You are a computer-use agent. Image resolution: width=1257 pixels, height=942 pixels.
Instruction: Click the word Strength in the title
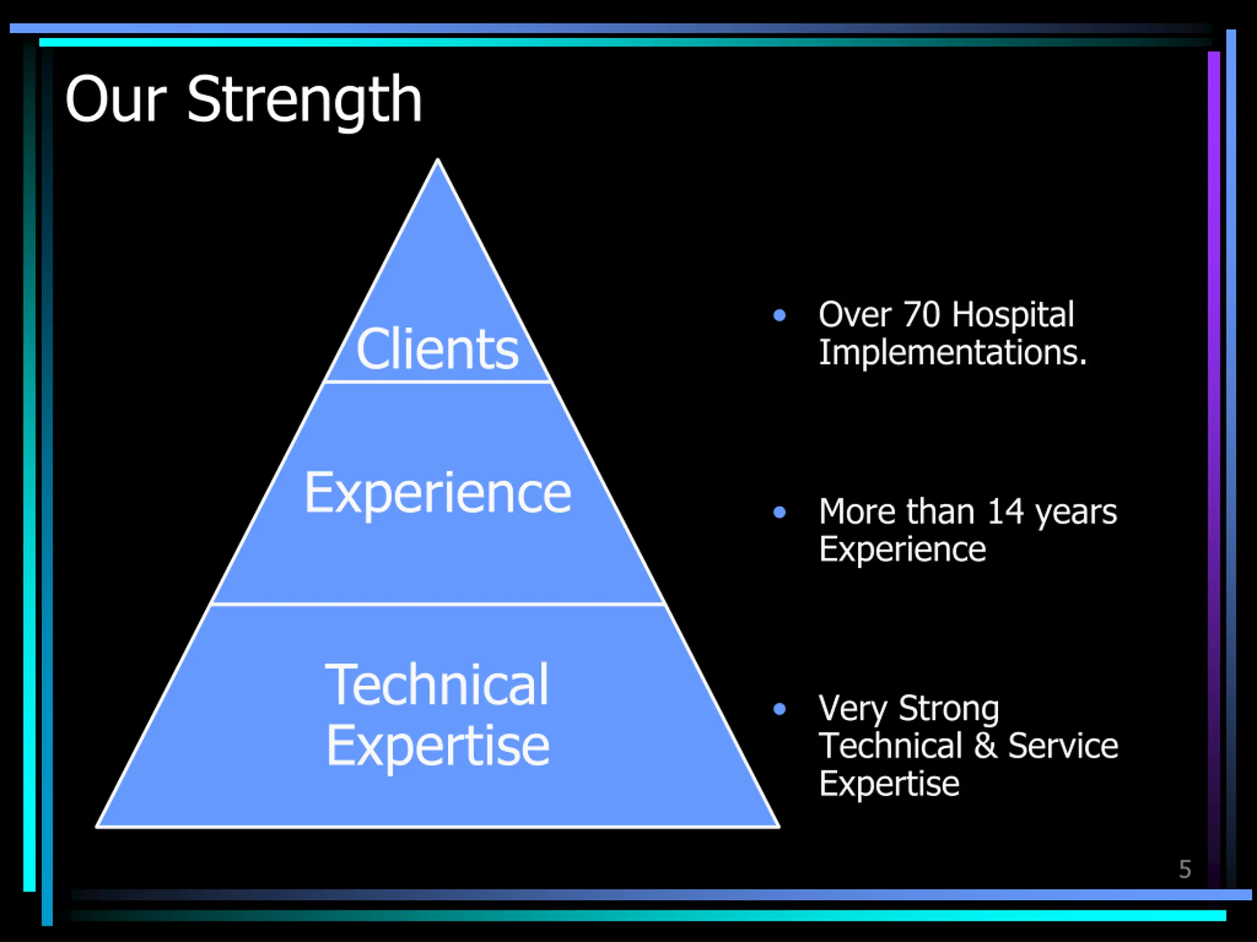pos(304,101)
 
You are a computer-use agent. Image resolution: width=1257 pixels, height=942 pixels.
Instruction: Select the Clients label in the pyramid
pos(437,349)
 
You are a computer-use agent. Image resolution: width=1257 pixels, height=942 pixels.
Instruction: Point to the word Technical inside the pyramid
pos(437,685)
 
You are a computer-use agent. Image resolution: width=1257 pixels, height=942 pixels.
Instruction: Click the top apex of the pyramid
pos(437,159)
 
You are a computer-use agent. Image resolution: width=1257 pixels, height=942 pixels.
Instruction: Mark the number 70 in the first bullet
pos(922,314)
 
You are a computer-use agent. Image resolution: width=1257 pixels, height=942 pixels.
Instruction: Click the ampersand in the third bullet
pos(986,746)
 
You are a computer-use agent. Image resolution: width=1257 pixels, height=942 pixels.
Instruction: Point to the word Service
pos(1063,746)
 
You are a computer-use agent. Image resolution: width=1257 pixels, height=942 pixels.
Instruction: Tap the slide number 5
pos(1185,869)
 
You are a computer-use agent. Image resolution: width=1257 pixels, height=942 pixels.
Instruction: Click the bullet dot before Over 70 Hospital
pos(780,315)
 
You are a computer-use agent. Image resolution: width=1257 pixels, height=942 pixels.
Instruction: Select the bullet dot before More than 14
pos(780,513)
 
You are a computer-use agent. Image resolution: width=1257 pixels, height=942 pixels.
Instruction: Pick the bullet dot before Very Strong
pos(780,708)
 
